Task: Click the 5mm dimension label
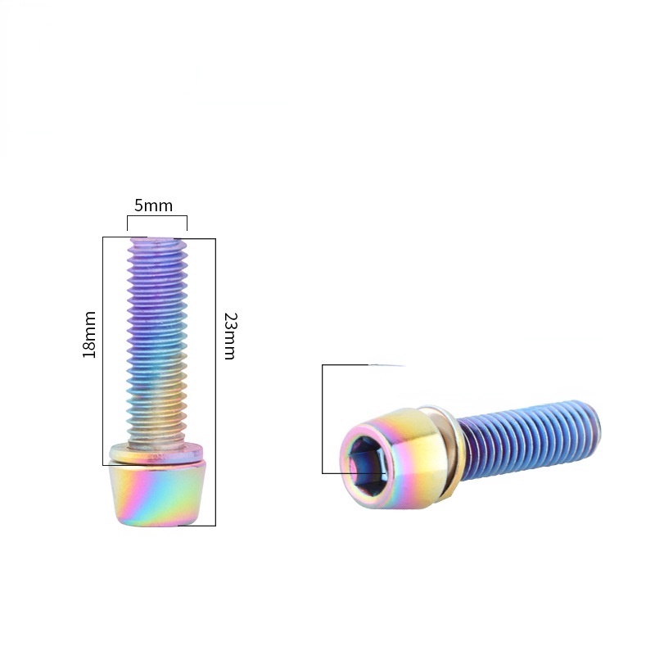(154, 206)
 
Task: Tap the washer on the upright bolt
(156, 451)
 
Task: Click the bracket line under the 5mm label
(156, 216)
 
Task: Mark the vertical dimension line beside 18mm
(103, 344)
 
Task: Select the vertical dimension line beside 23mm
(215, 377)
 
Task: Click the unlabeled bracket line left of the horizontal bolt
(323, 418)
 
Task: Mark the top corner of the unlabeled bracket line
(323, 365)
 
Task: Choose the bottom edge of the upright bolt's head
(156, 522)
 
